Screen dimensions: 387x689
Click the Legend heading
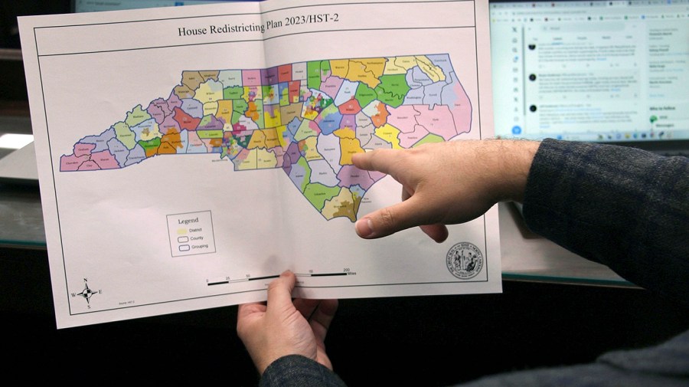coord(188,221)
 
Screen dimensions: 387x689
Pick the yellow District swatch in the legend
coord(181,229)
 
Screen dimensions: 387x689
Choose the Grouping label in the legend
coord(199,248)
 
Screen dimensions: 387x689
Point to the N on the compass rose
coord(85,280)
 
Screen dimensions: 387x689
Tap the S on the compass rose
coord(89,307)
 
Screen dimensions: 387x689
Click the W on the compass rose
coord(74,294)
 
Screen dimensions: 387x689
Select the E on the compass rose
coord(100,292)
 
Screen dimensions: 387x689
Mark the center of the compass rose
coord(87,293)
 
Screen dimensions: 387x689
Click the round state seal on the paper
coord(465,262)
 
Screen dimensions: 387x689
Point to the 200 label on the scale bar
coord(347,270)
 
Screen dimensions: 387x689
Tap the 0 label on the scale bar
coord(207,279)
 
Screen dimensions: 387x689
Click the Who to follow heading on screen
coord(664,110)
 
